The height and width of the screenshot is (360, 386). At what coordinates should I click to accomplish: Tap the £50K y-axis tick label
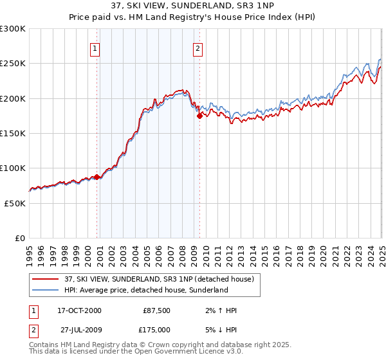click(x=15, y=203)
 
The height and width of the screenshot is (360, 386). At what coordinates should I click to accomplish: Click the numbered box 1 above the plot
click(x=95, y=48)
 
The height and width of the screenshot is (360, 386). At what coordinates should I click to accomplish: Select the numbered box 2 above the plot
click(x=197, y=48)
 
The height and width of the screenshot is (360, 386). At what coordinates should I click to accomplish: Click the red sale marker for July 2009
click(x=200, y=116)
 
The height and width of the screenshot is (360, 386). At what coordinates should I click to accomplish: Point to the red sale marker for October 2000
click(x=97, y=177)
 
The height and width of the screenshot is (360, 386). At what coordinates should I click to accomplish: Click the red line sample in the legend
click(x=46, y=279)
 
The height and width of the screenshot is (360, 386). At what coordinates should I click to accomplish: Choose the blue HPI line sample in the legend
click(x=46, y=290)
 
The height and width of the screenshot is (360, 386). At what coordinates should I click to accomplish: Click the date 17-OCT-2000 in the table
click(x=80, y=310)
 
